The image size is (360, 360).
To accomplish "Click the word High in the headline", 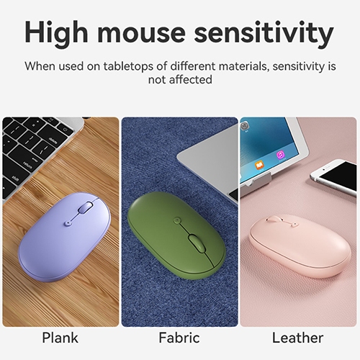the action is click(x=56, y=32).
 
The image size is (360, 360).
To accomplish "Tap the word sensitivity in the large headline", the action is click(x=264, y=32).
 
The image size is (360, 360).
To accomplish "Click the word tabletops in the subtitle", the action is click(x=128, y=66).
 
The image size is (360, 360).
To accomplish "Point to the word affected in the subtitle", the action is click(x=191, y=79).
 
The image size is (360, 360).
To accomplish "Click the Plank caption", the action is click(x=60, y=338).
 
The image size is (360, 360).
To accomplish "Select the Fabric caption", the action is click(x=179, y=338).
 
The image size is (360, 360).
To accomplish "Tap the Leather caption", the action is click(x=297, y=338).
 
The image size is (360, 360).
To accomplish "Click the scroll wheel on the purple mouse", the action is click(x=86, y=207).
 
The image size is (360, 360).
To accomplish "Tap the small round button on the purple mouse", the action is click(x=68, y=223).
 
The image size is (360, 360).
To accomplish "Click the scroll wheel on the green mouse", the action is click(x=197, y=243).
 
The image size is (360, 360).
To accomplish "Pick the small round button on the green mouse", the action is click(x=177, y=220).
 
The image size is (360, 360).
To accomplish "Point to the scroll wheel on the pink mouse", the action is click(x=275, y=218).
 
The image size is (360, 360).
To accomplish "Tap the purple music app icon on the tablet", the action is click(x=280, y=155).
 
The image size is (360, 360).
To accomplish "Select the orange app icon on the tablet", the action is click(x=259, y=165).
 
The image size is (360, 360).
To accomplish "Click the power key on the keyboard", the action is click(x=65, y=130).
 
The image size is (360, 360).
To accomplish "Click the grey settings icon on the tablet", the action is click(x=244, y=125).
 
